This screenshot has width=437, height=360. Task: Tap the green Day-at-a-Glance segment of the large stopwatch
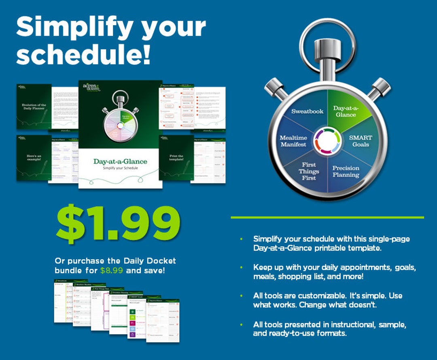click(346, 111)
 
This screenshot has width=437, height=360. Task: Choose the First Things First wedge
click(309, 172)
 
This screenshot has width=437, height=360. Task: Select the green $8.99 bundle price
click(111, 270)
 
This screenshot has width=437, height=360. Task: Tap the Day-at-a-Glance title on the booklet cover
click(120, 162)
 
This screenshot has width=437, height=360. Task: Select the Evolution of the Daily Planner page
click(34, 107)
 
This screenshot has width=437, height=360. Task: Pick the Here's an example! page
click(34, 158)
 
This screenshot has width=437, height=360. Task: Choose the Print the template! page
click(176, 158)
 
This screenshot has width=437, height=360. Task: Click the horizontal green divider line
click(327, 217)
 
